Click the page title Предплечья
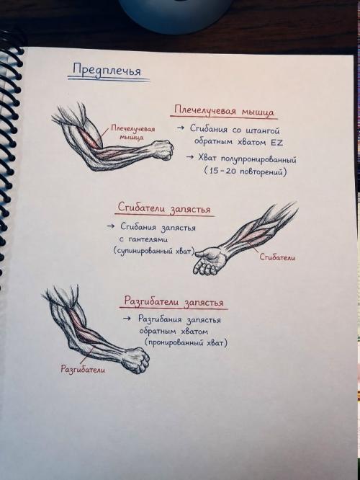click(107, 70)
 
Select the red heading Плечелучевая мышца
click(224, 111)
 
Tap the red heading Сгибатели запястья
click(164, 208)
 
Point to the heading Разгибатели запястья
click(174, 301)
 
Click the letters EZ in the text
click(276, 143)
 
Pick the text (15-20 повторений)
click(246, 171)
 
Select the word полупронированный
click(258, 159)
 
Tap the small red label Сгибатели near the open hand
click(277, 257)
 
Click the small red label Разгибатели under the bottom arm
click(83, 369)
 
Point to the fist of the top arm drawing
click(163, 149)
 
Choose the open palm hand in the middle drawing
click(210, 260)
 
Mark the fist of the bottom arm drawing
click(137, 360)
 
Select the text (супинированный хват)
click(154, 251)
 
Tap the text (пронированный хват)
click(186, 342)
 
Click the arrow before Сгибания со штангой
click(181, 128)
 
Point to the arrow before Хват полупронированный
click(190, 157)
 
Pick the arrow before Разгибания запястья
click(127, 319)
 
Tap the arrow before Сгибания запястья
click(111, 226)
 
